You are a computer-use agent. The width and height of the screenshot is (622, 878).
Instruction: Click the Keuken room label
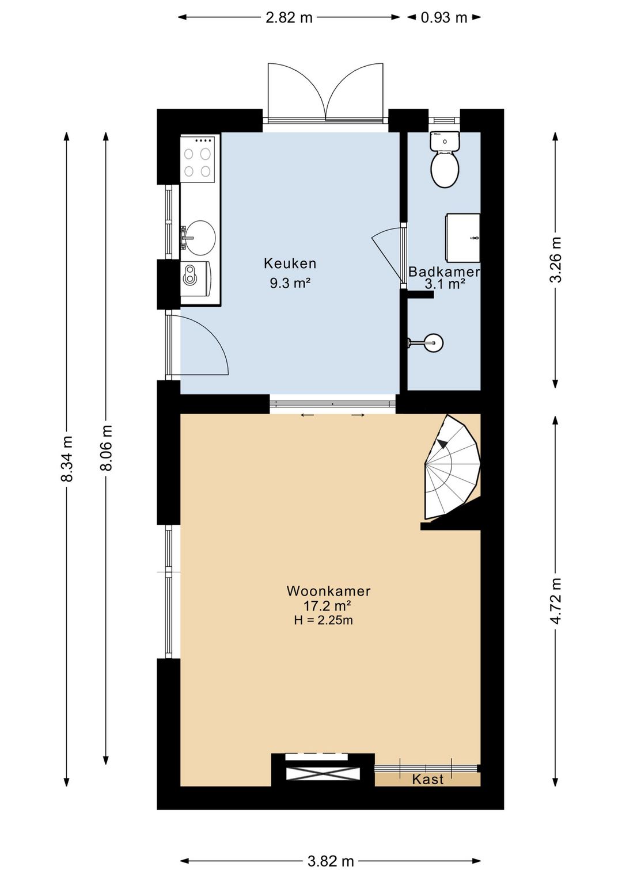(290, 264)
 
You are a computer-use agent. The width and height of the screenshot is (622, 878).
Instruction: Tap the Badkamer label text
(444, 272)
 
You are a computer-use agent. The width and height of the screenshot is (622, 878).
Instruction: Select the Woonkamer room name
(328, 591)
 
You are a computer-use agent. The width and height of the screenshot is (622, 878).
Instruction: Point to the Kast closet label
(428, 780)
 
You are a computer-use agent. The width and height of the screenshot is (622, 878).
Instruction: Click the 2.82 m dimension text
(289, 18)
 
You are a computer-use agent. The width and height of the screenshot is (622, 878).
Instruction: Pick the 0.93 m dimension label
(444, 18)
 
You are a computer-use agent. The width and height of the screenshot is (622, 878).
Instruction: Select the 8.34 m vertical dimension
(66, 458)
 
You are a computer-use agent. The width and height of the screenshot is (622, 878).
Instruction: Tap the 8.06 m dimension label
(106, 447)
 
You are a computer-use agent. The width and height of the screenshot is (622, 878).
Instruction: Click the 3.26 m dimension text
(556, 259)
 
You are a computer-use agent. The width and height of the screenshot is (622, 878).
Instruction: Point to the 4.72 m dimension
(556, 601)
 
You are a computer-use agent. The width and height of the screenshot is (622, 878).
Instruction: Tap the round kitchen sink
(200, 237)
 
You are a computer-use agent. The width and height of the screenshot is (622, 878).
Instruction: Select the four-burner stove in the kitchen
(198, 159)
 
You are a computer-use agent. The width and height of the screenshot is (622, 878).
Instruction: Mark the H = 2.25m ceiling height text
(323, 620)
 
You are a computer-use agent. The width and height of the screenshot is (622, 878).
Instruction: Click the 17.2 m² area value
(327, 606)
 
